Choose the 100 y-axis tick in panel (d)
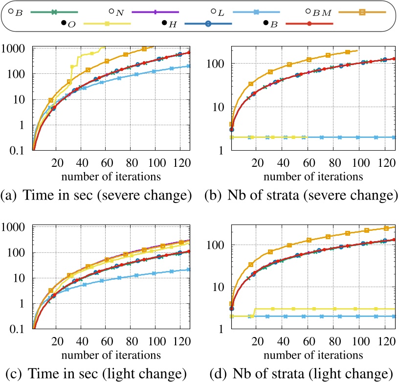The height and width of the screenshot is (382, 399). click(x=221, y=245)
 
